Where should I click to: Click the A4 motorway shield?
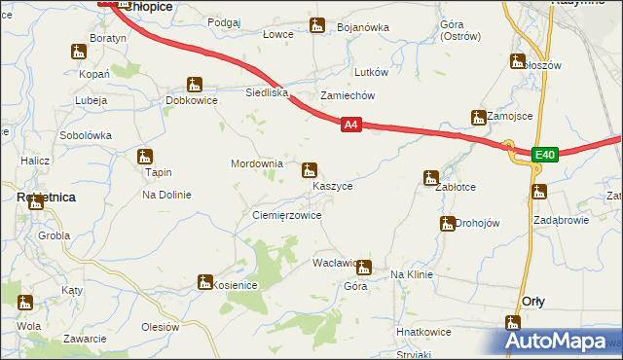tap(351, 125)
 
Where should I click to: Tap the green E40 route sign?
tap(544, 154)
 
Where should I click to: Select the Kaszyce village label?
tap(333, 185)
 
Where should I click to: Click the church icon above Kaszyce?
tap(310, 169)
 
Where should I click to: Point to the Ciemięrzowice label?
tap(286, 215)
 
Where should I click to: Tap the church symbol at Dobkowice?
tap(195, 85)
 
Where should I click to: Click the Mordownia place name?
tap(256, 163)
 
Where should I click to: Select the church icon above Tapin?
tap(146, 156)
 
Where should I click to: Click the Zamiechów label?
tap(348, 95)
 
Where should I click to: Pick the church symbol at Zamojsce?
tap(479, 118)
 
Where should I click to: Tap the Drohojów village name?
tap(477, 223)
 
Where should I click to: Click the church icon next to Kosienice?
tap(204, 282)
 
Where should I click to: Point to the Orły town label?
tap(533, 301)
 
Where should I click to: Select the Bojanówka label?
tap(362, 27)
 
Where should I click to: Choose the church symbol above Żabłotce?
tap(430, 177)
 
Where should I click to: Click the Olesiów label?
tap(161, 327)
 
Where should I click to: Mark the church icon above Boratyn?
tap(79, 51)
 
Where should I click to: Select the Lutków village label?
tap(372, 72)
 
